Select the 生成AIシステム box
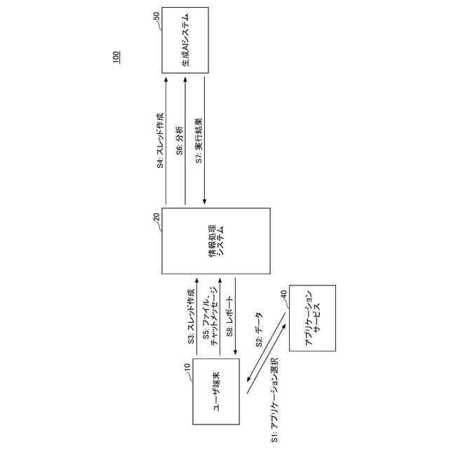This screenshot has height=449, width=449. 185,40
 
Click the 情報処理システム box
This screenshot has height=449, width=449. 216,241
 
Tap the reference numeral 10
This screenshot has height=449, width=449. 187,366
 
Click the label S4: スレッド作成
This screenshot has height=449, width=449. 160,141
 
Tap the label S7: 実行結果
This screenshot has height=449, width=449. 199,140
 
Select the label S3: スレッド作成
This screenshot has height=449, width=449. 191,317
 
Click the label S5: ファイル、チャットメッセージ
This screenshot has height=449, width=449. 210,317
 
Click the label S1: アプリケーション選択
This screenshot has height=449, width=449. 275,403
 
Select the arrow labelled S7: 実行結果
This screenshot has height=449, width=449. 205,141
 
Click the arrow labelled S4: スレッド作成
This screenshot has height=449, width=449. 166,141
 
